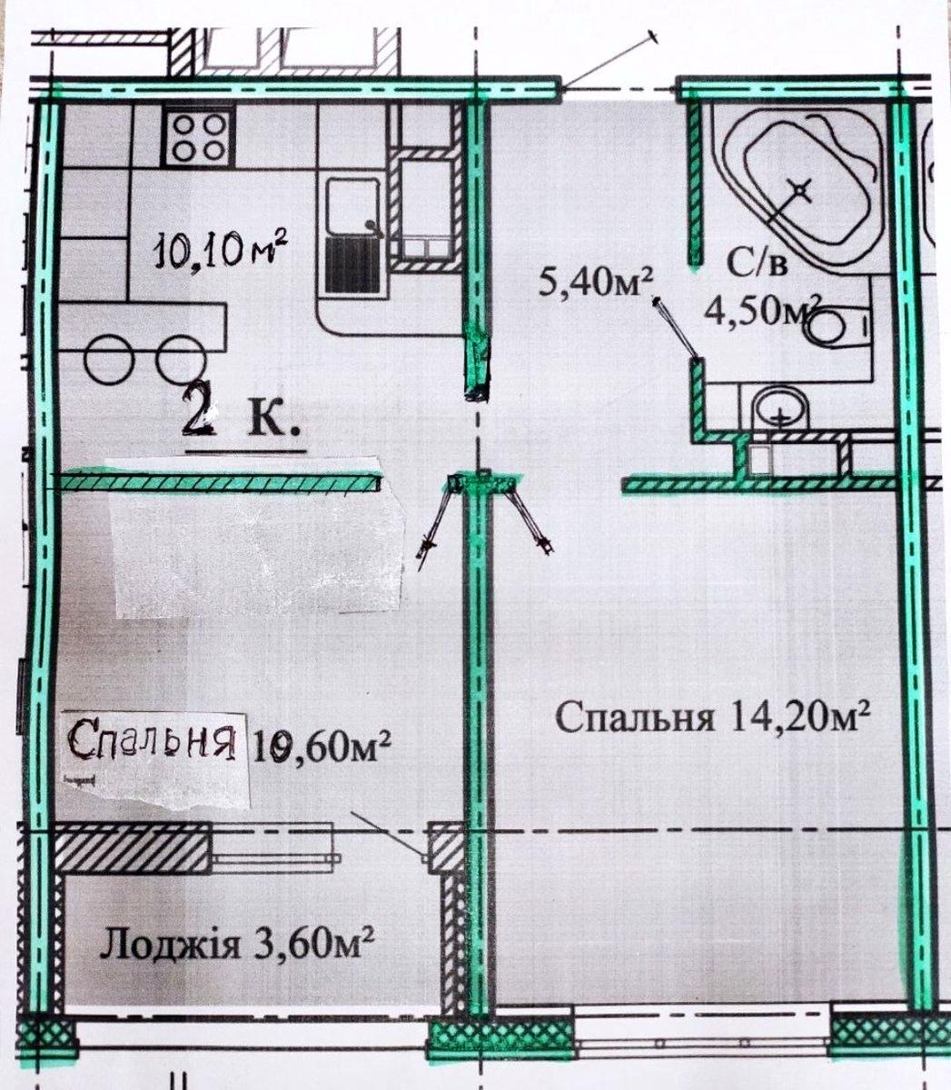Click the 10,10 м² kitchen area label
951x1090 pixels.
[221, 252]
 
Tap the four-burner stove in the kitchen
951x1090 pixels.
[198, 137]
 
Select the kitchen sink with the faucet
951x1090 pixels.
[353, 208]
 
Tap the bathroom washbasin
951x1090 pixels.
[780, 411]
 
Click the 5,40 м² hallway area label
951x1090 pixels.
[596, 282]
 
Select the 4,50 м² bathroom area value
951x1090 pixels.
[762, 312]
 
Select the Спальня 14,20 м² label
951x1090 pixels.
[713, 717]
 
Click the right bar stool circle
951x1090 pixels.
[181, 359]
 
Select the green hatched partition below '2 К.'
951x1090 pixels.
[220, 481]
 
